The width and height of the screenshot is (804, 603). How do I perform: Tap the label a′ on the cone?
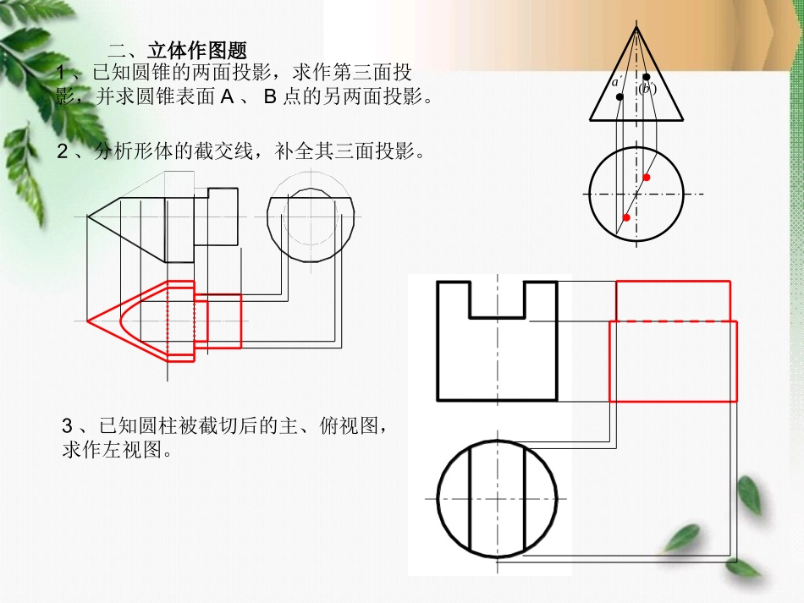coord(617,82)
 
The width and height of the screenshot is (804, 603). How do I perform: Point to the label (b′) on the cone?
coord(647,88)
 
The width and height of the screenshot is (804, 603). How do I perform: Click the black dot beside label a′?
coord(620,97)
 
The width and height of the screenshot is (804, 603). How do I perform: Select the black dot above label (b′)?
coord(647,77)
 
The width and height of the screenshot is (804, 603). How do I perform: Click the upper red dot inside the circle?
coord(647,177)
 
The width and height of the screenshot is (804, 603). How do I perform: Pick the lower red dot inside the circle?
coord(626,217)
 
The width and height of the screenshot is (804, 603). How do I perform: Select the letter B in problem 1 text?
coord(271,96)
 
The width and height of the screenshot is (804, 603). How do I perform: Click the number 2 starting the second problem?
coord(62,152)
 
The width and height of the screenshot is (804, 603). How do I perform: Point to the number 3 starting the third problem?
coord(69,425)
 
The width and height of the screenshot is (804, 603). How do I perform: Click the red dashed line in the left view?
coord(673,321)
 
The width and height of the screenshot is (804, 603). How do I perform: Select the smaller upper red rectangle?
coord(673,300)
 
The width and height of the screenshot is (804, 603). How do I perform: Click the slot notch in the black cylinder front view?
coord(497,299)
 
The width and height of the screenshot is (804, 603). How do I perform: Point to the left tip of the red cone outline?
coord(88,321)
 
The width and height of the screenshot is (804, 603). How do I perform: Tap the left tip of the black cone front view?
coord(88,217)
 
